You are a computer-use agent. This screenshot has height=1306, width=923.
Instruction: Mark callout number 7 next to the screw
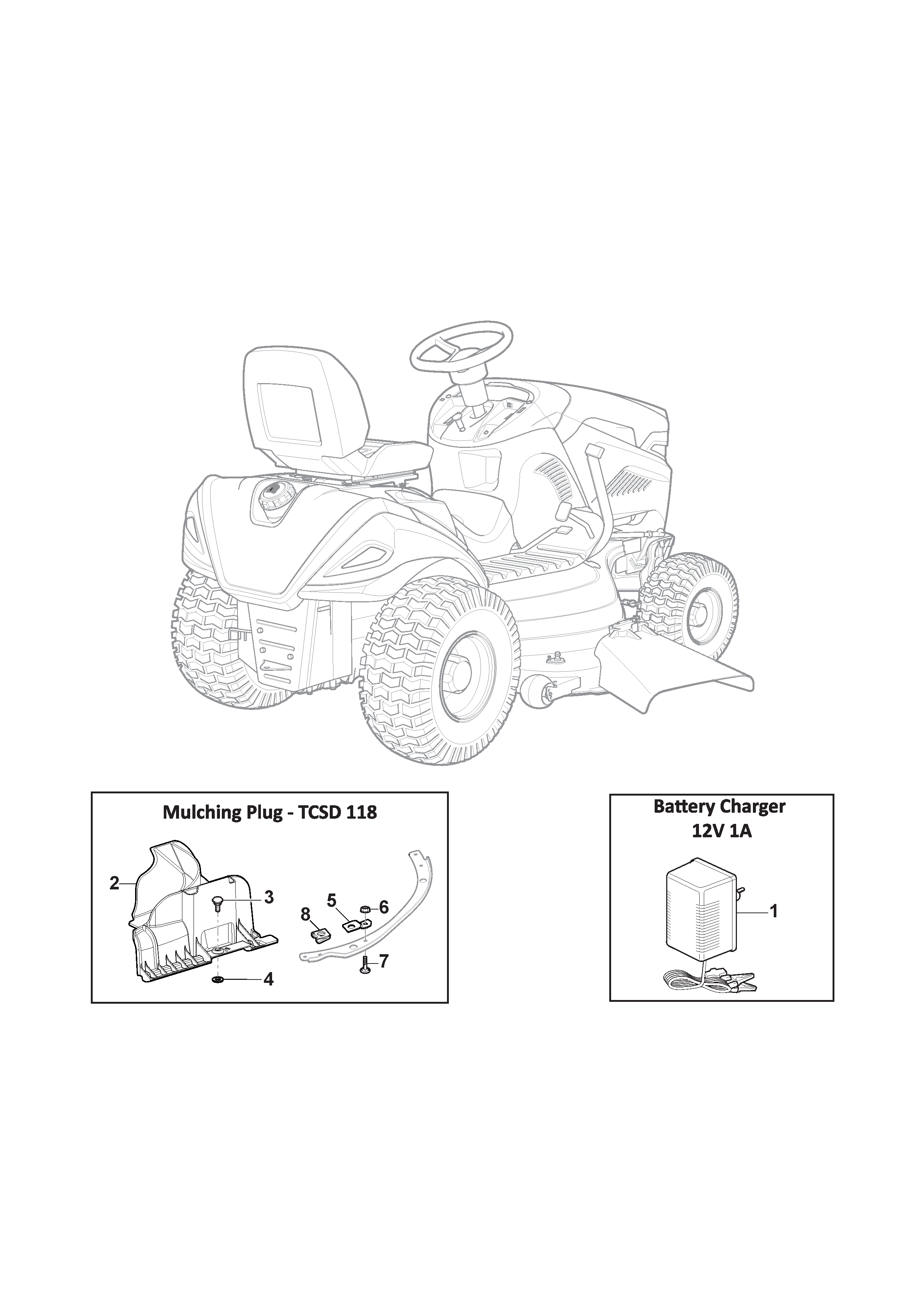(x=384, y=961)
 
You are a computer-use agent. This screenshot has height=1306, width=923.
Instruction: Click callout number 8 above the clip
(x=306, y=914)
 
